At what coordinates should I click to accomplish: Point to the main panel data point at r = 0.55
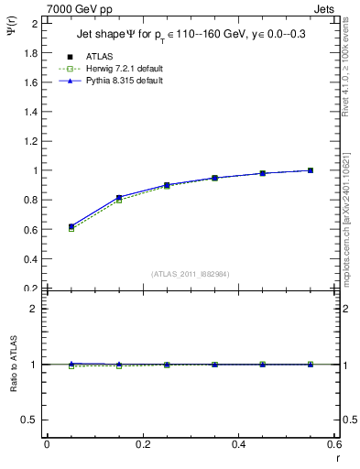pyautogui.click(x=311, y=170)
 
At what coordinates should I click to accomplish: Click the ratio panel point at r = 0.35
pyautogui.click(x=214, y=365)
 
